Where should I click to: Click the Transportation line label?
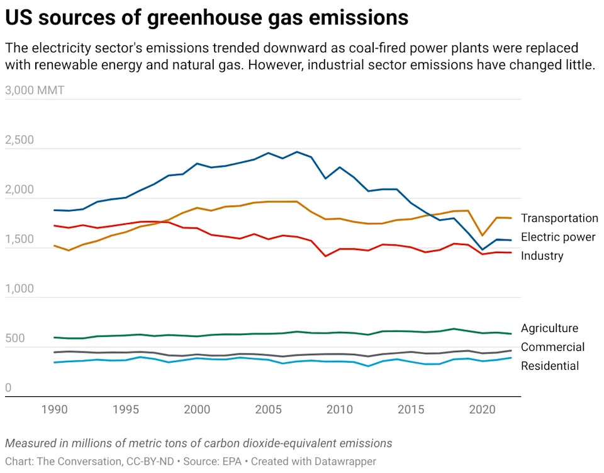[559, 218]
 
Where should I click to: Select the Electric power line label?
[558, 237]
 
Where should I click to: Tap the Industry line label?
[542, 256]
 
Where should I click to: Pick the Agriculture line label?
[549, 328]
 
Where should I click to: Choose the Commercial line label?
[552, 347]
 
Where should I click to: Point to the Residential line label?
[550, 366]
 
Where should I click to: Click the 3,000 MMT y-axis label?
[35, 90]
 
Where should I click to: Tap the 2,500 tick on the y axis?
[20, 140]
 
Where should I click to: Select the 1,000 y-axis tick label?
[20, 289]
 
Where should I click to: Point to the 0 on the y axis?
[9, 388]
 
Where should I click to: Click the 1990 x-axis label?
[54, 410]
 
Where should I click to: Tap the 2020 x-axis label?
[483, 410]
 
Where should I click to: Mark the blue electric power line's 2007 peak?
[297, 152]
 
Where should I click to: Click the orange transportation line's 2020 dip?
[483, 236]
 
